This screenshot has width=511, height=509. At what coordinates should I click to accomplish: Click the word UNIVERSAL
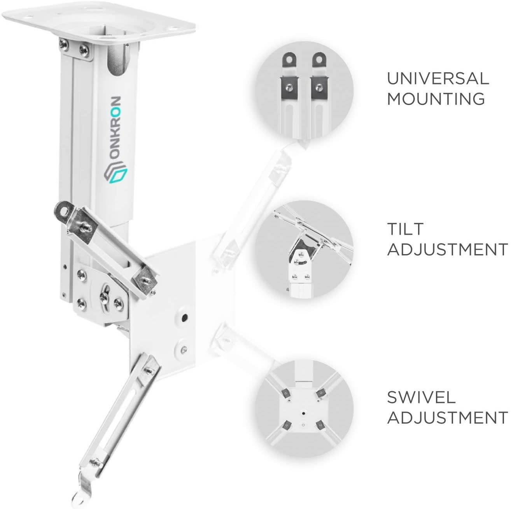coord(437,78)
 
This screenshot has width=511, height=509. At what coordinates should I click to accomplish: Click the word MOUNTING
coord(436,99)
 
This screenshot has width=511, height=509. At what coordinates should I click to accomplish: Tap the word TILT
coord(405,229)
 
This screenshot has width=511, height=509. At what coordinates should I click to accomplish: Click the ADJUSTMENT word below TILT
coord(447,249)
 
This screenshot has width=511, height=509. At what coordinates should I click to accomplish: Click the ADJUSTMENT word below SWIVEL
coord(447,418)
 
